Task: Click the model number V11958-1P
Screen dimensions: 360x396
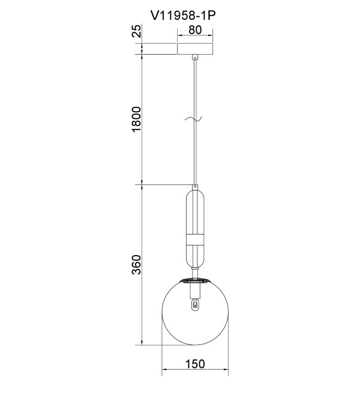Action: [x=183, y=16]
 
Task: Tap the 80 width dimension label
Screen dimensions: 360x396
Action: [x=195, y=30]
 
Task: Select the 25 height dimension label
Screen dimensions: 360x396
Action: [x=136, y=31]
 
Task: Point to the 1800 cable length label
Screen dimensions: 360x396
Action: [x=136, y=119]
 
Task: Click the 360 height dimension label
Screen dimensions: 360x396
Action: [x=136, y=265]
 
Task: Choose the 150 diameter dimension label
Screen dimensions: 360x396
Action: [x=195, y=364]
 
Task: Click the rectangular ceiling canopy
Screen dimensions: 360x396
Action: [x=195, y=49]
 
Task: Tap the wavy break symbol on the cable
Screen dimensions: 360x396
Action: [x=194, y=118]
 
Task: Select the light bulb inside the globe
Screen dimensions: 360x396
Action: [x=194, y=304]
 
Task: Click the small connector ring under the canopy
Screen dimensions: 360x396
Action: [x=195, y=58]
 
